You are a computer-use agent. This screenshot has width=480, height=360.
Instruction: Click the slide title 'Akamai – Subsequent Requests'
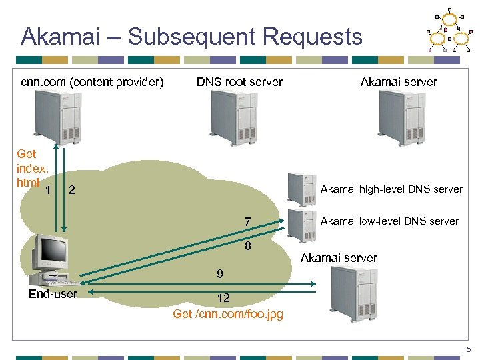[191, 36]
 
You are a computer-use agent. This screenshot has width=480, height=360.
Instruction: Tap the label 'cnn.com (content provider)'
[92, 82]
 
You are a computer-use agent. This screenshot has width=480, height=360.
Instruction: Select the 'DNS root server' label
[239, 82]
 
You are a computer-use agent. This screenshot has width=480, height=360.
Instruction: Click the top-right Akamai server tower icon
[399, 118]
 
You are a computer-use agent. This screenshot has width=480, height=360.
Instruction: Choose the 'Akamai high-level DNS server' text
[391, 189]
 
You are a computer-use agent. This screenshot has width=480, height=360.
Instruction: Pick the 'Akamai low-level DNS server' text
[389, 221]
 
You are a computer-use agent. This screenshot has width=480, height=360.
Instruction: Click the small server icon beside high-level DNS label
[301, 189]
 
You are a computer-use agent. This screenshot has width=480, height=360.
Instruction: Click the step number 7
[247, 221]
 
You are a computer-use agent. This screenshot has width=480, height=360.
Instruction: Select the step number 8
[247, 245]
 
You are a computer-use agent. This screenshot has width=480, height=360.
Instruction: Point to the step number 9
[219, 274]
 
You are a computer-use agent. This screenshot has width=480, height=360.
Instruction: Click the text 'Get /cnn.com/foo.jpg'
[227, 314]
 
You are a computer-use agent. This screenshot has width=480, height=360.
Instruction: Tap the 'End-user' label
[53, 294]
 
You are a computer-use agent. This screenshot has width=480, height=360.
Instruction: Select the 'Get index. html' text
[27, 168]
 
